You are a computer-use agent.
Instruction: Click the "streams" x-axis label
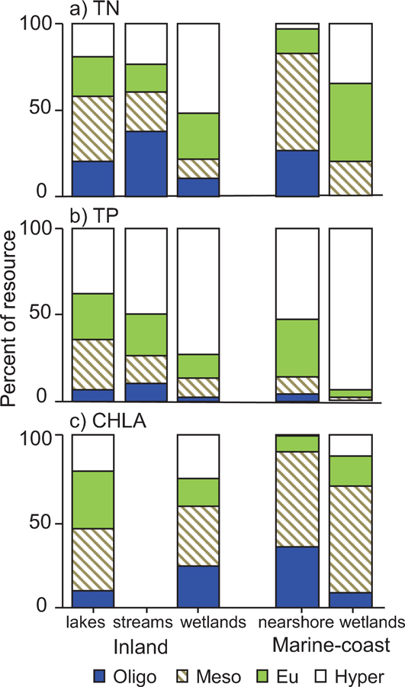tap(145, 620)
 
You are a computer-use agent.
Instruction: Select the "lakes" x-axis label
tap(92, 620)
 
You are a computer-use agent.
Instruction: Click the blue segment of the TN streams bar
tap(146, 163)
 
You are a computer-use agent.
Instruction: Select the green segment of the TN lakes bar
tap(92, 76)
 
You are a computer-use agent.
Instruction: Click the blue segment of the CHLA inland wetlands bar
tap(198, 586)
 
